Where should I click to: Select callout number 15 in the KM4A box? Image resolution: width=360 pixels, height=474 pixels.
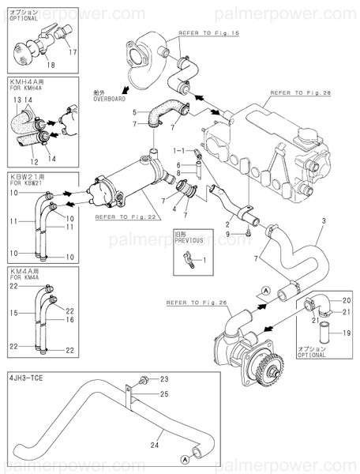(x=13, y=314)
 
